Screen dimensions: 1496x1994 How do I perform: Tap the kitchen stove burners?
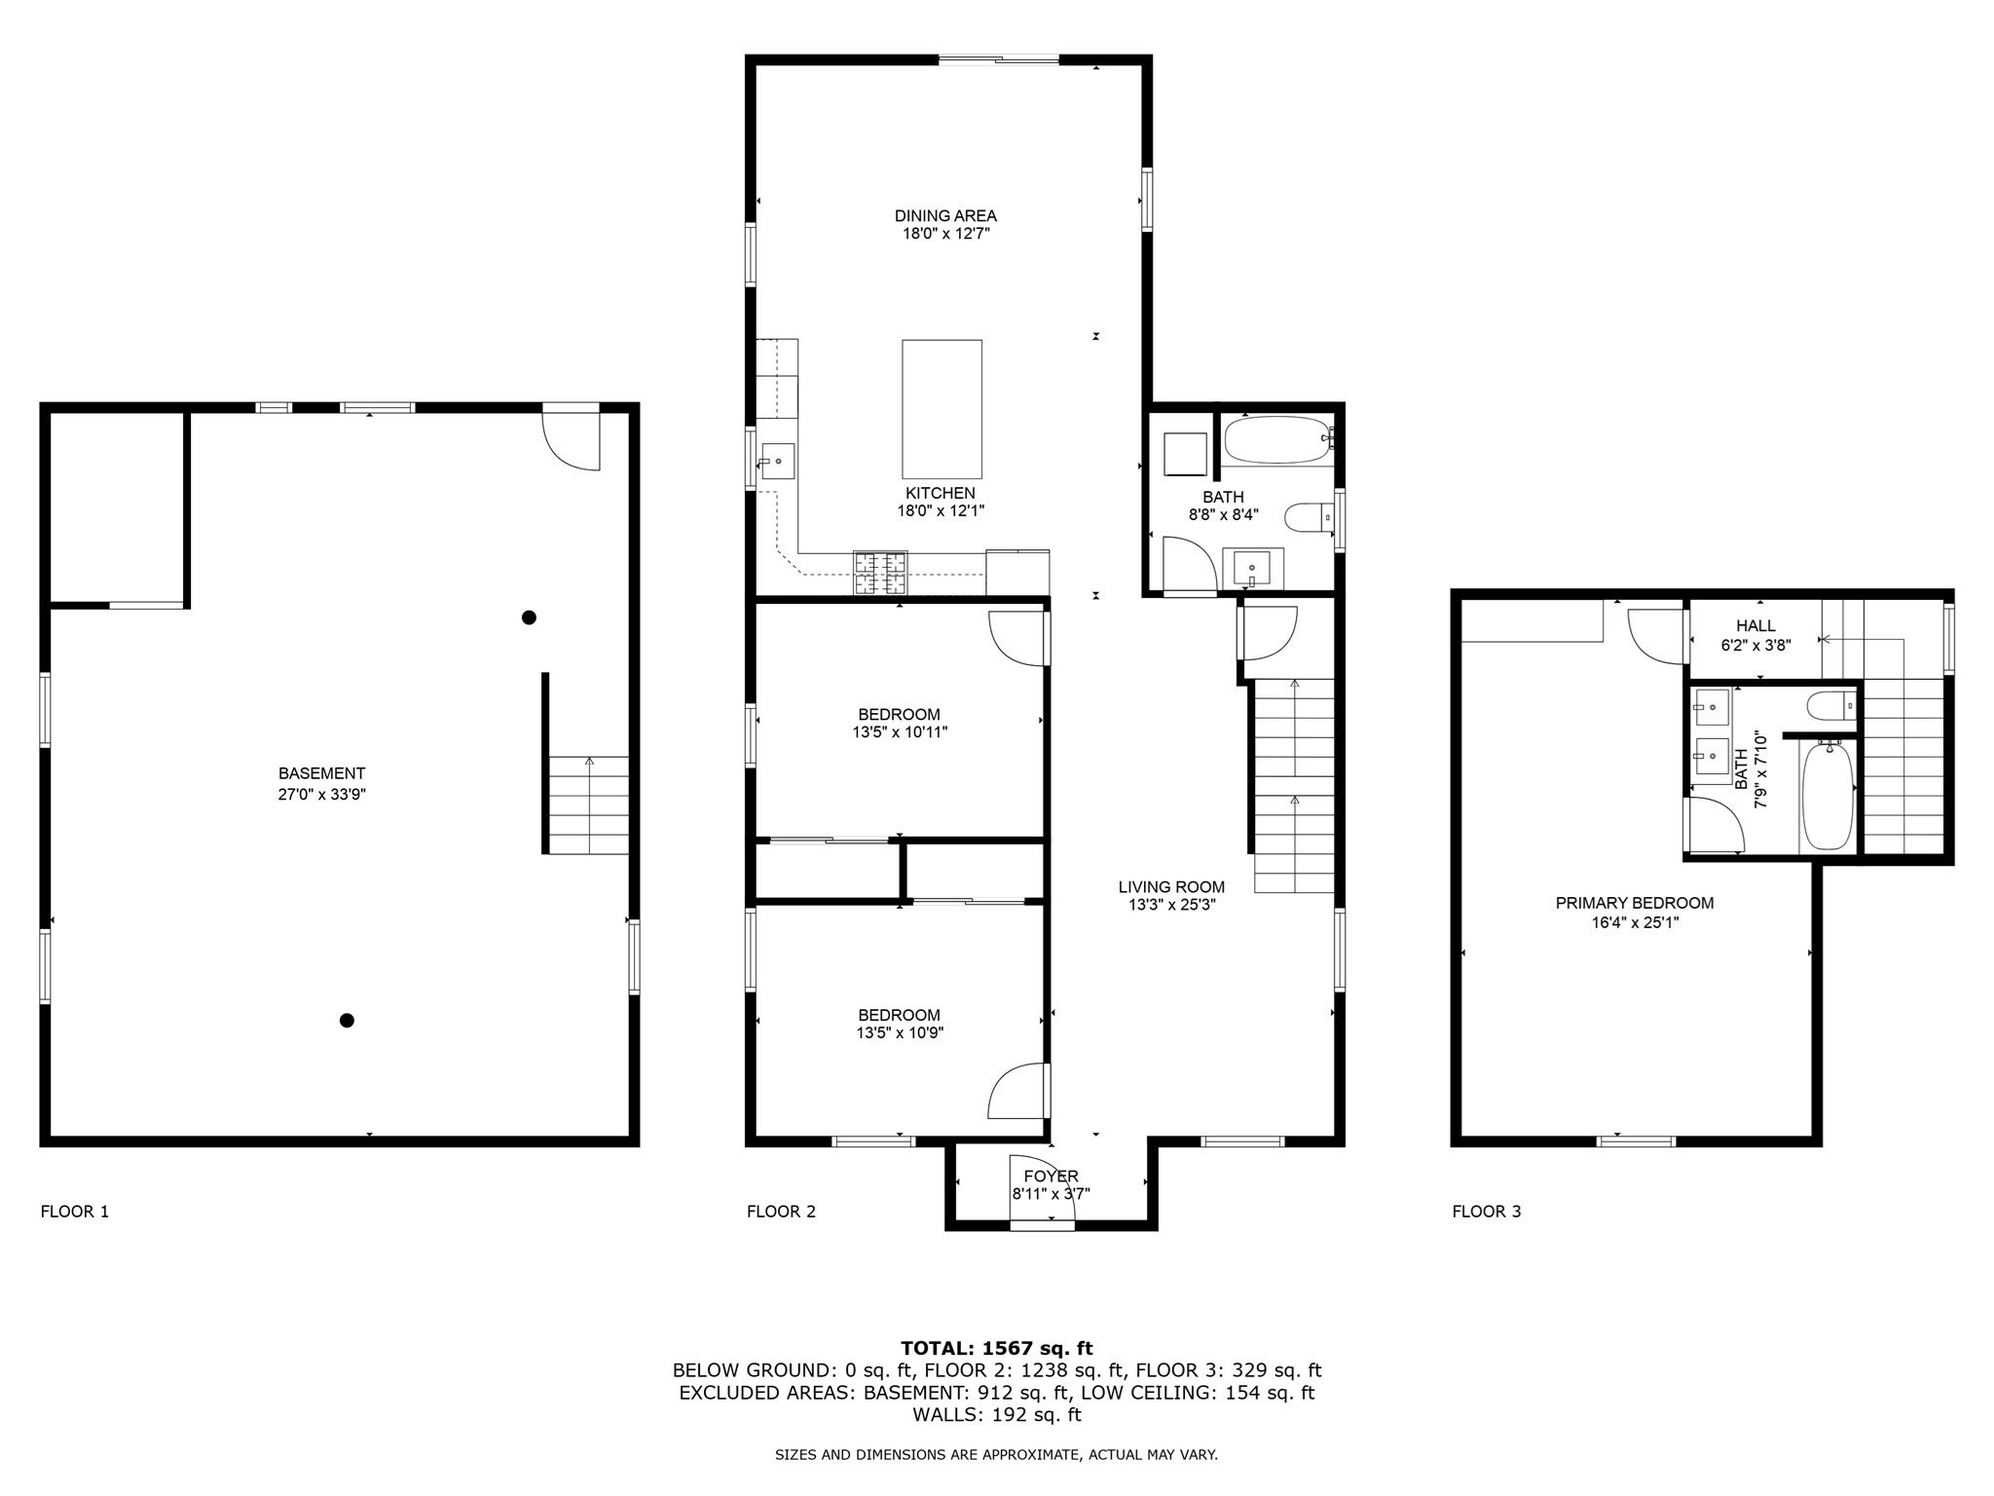[x=880, y=573]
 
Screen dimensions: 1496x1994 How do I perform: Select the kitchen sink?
[x=777, y=462]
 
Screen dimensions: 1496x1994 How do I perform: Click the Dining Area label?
[x=945, y=215]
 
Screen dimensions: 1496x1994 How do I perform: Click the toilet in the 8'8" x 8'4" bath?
[x=1309, y=517]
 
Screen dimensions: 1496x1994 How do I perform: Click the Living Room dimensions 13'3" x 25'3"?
[x=1171, y=904]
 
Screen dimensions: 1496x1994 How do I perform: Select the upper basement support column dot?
[x=529, y=617]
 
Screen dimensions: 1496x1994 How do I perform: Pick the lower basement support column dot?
[x=347, y=1021]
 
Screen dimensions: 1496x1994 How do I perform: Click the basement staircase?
[x=588, y=805]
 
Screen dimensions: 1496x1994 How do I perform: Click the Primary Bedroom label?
[x=1634, y=903]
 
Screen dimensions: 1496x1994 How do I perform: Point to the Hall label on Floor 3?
[x=1754, y=626]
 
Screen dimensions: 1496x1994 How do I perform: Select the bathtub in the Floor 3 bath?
[x=1828, y=795]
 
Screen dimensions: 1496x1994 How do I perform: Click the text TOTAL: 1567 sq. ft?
[x=996, y=1348]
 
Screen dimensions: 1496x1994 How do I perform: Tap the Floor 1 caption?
[x=74, y=1212]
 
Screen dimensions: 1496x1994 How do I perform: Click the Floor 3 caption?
[x=1486, y=1212]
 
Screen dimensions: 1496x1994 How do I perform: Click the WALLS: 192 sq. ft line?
[x=996, y=1414]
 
